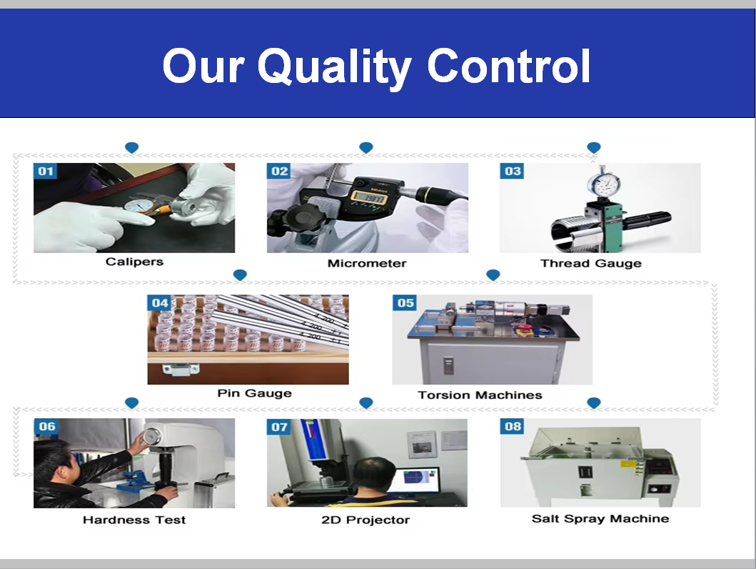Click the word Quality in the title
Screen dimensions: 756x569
(335, 68)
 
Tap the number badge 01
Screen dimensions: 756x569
(45, 171)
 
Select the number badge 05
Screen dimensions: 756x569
(405, 303)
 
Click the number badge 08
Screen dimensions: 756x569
(513, 426)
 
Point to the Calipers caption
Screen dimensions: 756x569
(134, 262)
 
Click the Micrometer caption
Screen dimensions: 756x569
(367, 263)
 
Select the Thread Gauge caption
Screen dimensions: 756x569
(591, 263)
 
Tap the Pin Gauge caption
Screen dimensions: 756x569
(255, 393)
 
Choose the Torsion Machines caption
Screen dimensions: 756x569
(480, 395)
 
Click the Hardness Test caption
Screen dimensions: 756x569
(134, 520)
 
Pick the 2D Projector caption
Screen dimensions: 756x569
(366, 520)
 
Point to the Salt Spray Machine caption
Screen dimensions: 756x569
(600, 518)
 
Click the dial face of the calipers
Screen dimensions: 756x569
(139, 206)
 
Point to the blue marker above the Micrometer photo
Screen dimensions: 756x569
(366, 148)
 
